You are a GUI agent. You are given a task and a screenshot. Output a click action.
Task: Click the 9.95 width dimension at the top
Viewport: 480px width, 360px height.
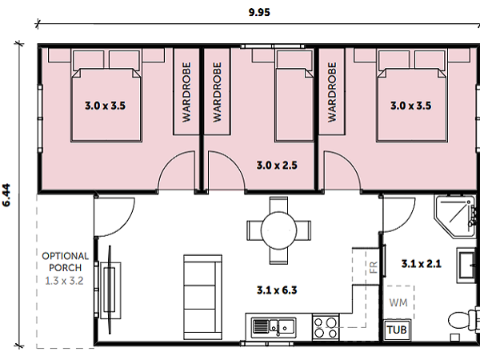coord(259,12)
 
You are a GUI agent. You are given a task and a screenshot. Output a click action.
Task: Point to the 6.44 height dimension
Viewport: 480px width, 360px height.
coord(6,195)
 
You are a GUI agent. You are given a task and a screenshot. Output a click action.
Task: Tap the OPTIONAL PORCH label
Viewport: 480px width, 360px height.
coord(66,262)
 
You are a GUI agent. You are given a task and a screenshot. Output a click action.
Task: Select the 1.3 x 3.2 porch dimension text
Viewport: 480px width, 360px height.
coord(64,281)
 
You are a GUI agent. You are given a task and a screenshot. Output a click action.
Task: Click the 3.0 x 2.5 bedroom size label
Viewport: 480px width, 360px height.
coord(277,166)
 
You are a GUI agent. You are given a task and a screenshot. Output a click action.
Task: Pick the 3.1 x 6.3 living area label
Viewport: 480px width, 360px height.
coord(277,290)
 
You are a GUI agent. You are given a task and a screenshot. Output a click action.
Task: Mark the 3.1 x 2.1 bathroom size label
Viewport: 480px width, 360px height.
coord(422,263)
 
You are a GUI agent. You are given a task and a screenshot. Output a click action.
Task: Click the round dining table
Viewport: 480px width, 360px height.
coord(278,230)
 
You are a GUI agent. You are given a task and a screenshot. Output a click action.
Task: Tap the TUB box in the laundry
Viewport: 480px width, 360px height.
coord(397,330)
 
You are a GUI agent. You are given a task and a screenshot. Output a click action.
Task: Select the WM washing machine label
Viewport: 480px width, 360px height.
coord(398,302)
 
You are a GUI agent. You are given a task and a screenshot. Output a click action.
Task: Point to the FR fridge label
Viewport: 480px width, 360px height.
coord(374,267)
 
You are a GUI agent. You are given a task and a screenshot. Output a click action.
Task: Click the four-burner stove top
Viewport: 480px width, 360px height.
coord(326,327)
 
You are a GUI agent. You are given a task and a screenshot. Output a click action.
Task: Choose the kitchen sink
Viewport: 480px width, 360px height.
coord(274,328)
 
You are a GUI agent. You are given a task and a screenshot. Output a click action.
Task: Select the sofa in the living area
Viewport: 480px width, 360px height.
coord(202,298)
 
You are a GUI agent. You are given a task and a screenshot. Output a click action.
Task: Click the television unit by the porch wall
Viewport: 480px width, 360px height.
coord(110,289)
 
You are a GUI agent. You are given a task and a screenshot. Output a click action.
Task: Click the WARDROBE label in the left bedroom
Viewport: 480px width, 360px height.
coord(186,92)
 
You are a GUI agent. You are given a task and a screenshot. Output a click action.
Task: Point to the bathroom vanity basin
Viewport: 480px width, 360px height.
coord(468,265)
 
